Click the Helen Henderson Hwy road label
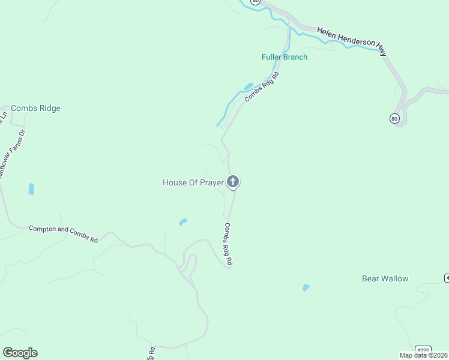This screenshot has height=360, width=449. tap(352, 41)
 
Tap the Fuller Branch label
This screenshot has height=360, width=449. tap(285, 57)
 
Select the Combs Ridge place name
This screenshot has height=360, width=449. tap(35, 109)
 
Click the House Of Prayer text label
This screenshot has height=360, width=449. tap(193, 182)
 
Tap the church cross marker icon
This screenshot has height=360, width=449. tap(233, 181)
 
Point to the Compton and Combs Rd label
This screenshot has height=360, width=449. tap(63, 233)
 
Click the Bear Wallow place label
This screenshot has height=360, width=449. tap(385, 278)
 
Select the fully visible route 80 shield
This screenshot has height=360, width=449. tap(394, 118)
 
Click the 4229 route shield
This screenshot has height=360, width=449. tap(423, 350)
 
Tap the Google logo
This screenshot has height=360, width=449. tap(20, 353)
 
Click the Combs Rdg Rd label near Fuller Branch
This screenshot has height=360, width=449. tap(262, 88)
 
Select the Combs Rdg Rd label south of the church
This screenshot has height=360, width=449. tap(228, 244)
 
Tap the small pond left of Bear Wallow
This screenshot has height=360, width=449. tap(306, 287)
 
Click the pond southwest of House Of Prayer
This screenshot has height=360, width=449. tap(182, 221)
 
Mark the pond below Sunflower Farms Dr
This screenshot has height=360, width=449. tap(31, 189)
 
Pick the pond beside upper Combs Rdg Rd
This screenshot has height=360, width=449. tap(249, 86)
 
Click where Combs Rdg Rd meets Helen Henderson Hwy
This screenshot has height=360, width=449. tap(289, 24)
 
